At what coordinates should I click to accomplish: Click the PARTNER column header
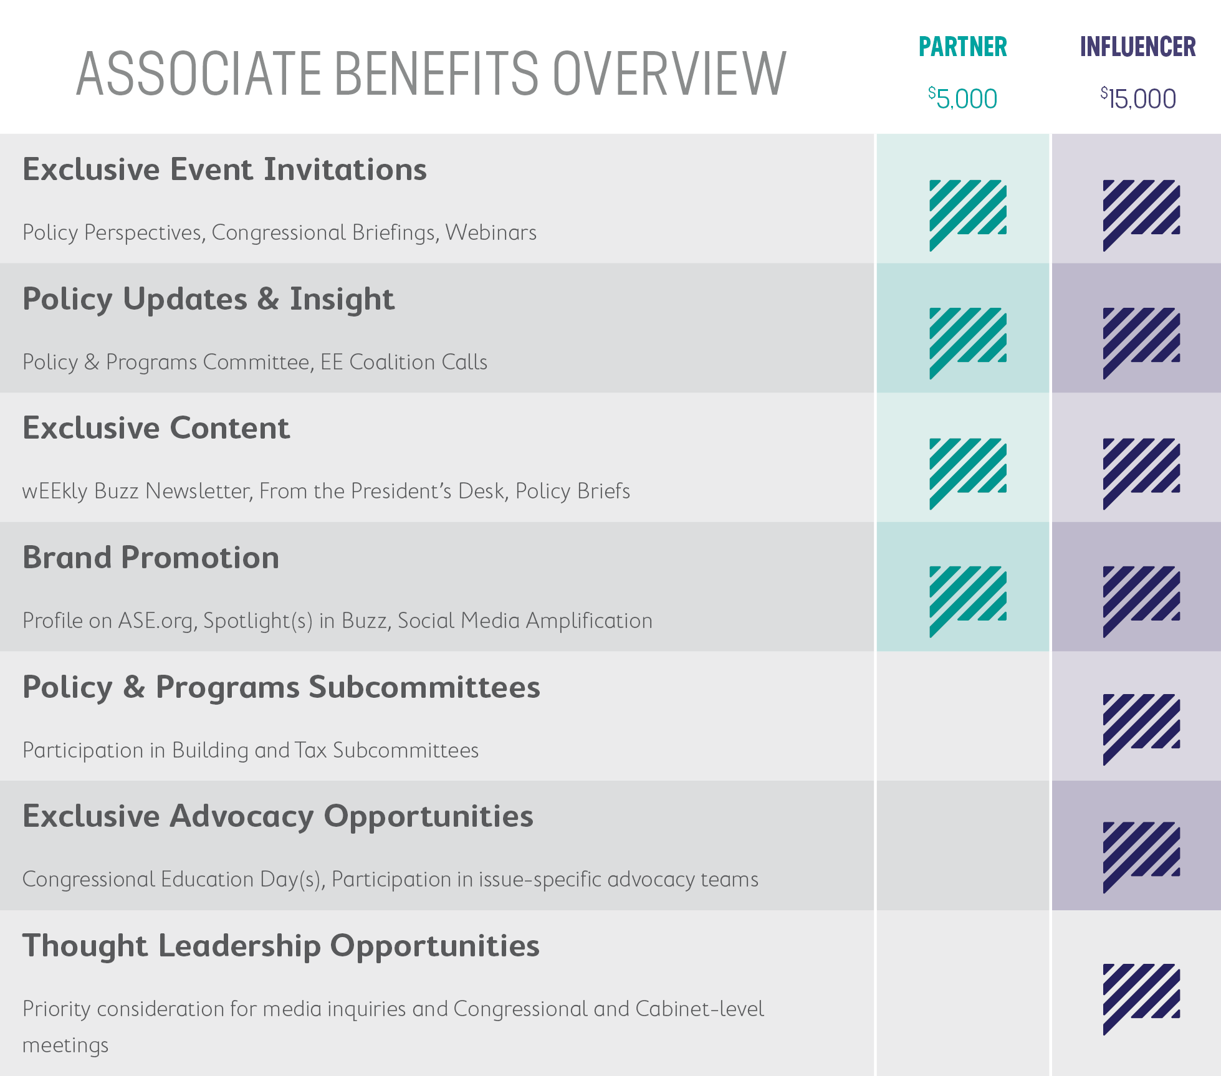(963, 47)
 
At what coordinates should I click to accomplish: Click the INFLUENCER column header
(1137, 47)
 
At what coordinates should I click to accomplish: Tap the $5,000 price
(963, 98)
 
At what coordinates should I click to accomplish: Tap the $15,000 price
(1138, 98)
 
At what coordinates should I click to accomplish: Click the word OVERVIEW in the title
(669, 74)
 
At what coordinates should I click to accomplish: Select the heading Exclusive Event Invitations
(224, 169)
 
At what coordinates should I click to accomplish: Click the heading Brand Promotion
(151, 558)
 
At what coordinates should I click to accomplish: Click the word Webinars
(491, 232)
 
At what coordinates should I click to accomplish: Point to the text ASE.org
(156, 621)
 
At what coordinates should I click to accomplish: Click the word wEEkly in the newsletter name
(55, 492)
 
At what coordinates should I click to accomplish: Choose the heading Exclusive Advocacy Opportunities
(278, 816)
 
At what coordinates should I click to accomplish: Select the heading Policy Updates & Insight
(208, 299)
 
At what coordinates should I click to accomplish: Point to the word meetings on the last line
(65, 1045)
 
